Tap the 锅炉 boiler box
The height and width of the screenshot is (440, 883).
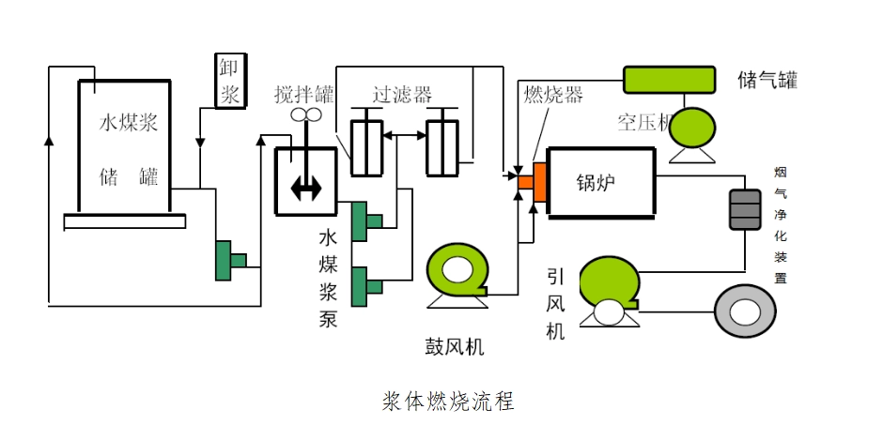tap(601, 182)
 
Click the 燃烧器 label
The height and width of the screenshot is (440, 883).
tap(553, 95)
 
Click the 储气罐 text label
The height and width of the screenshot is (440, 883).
tap(767, 79)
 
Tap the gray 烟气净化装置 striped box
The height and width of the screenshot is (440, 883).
tap(745, 209)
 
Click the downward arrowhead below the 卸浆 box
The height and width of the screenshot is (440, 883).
tap(200, 143)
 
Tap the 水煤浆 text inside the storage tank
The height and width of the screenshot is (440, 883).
tap(129, 123)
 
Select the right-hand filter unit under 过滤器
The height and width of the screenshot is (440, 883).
tap(441, 146)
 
